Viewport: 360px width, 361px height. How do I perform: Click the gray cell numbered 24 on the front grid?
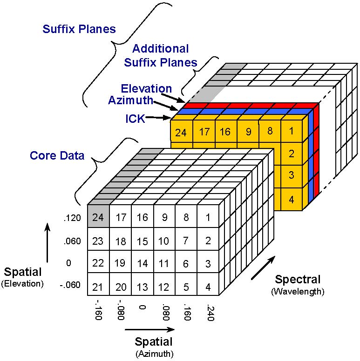pos(98,216)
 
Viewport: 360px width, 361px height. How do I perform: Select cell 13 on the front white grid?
pos(143,284)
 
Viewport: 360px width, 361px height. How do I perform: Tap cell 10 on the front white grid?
pos(164,239)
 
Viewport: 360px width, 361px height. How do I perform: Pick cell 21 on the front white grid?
pos(98,284)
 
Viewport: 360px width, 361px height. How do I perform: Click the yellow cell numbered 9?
pos(248,131)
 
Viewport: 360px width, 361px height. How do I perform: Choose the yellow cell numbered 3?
pos(292,176)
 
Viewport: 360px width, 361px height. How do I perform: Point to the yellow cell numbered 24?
pos(181,131)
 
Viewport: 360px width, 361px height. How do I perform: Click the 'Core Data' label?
pos(57,156)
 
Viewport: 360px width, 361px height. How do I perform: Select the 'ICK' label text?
pos(135,119)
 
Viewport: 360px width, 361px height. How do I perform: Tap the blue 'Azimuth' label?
pos(131,100)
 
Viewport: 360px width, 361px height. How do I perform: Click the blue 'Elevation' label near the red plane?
pos(146,88)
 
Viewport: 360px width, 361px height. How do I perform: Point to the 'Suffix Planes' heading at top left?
pos(79,29)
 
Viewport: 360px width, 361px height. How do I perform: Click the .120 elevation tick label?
pos(72,218)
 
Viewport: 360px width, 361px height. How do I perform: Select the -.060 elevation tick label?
pos(70,285)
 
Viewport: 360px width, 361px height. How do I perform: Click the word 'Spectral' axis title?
pos(298,279)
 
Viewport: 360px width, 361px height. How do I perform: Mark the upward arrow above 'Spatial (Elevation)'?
pos(48,243)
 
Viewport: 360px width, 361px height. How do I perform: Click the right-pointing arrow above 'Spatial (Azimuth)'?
pos(149,329)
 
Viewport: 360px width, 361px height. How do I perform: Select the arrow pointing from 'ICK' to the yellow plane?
pos(158,118)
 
